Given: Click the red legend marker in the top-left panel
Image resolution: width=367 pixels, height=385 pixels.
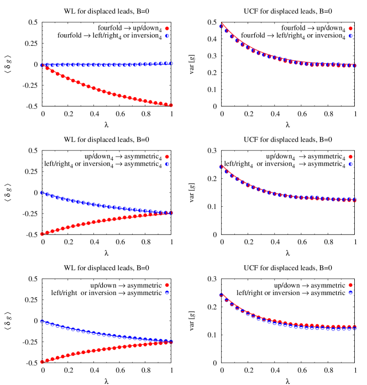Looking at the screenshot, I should [167, 29].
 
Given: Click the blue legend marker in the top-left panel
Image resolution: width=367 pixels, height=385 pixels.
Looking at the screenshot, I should [167, 36].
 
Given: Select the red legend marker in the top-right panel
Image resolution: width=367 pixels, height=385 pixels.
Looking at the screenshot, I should [350, 29].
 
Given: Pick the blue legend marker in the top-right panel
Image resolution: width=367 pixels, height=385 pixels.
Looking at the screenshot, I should [350, 36].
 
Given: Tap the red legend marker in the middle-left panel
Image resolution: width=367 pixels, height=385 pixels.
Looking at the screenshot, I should [167, 157].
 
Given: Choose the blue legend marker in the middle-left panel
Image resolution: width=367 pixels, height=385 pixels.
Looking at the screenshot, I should [167, 164].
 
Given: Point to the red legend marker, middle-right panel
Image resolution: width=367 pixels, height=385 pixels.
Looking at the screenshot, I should [350, 157].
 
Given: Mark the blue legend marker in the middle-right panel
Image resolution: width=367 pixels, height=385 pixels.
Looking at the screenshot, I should [350, 164].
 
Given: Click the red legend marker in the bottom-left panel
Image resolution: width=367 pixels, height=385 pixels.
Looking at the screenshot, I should [167, 285].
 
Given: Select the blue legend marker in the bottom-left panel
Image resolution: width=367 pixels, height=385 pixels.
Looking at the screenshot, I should [167, 292].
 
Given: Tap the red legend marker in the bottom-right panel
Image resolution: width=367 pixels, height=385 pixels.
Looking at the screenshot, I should [350, 285].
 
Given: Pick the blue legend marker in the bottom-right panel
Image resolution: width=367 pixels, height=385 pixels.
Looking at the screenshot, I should [350, 292].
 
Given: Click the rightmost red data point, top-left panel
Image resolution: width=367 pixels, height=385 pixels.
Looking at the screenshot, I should [171, 105].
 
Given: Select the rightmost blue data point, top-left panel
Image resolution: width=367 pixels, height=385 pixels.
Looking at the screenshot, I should [171, 63].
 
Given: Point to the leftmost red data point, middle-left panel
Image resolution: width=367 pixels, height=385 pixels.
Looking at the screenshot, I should [42, 234].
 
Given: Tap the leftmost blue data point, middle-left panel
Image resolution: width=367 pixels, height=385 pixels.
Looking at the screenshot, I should [42, 192].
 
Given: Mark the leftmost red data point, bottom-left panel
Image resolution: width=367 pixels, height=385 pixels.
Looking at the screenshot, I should [42, 362].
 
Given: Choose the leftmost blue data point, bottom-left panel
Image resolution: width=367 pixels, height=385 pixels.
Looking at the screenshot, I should [42, 321].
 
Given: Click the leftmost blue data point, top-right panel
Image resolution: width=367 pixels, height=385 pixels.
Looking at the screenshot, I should [221, 26].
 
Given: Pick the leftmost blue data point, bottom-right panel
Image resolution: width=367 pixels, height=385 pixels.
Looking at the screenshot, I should [221, 295].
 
